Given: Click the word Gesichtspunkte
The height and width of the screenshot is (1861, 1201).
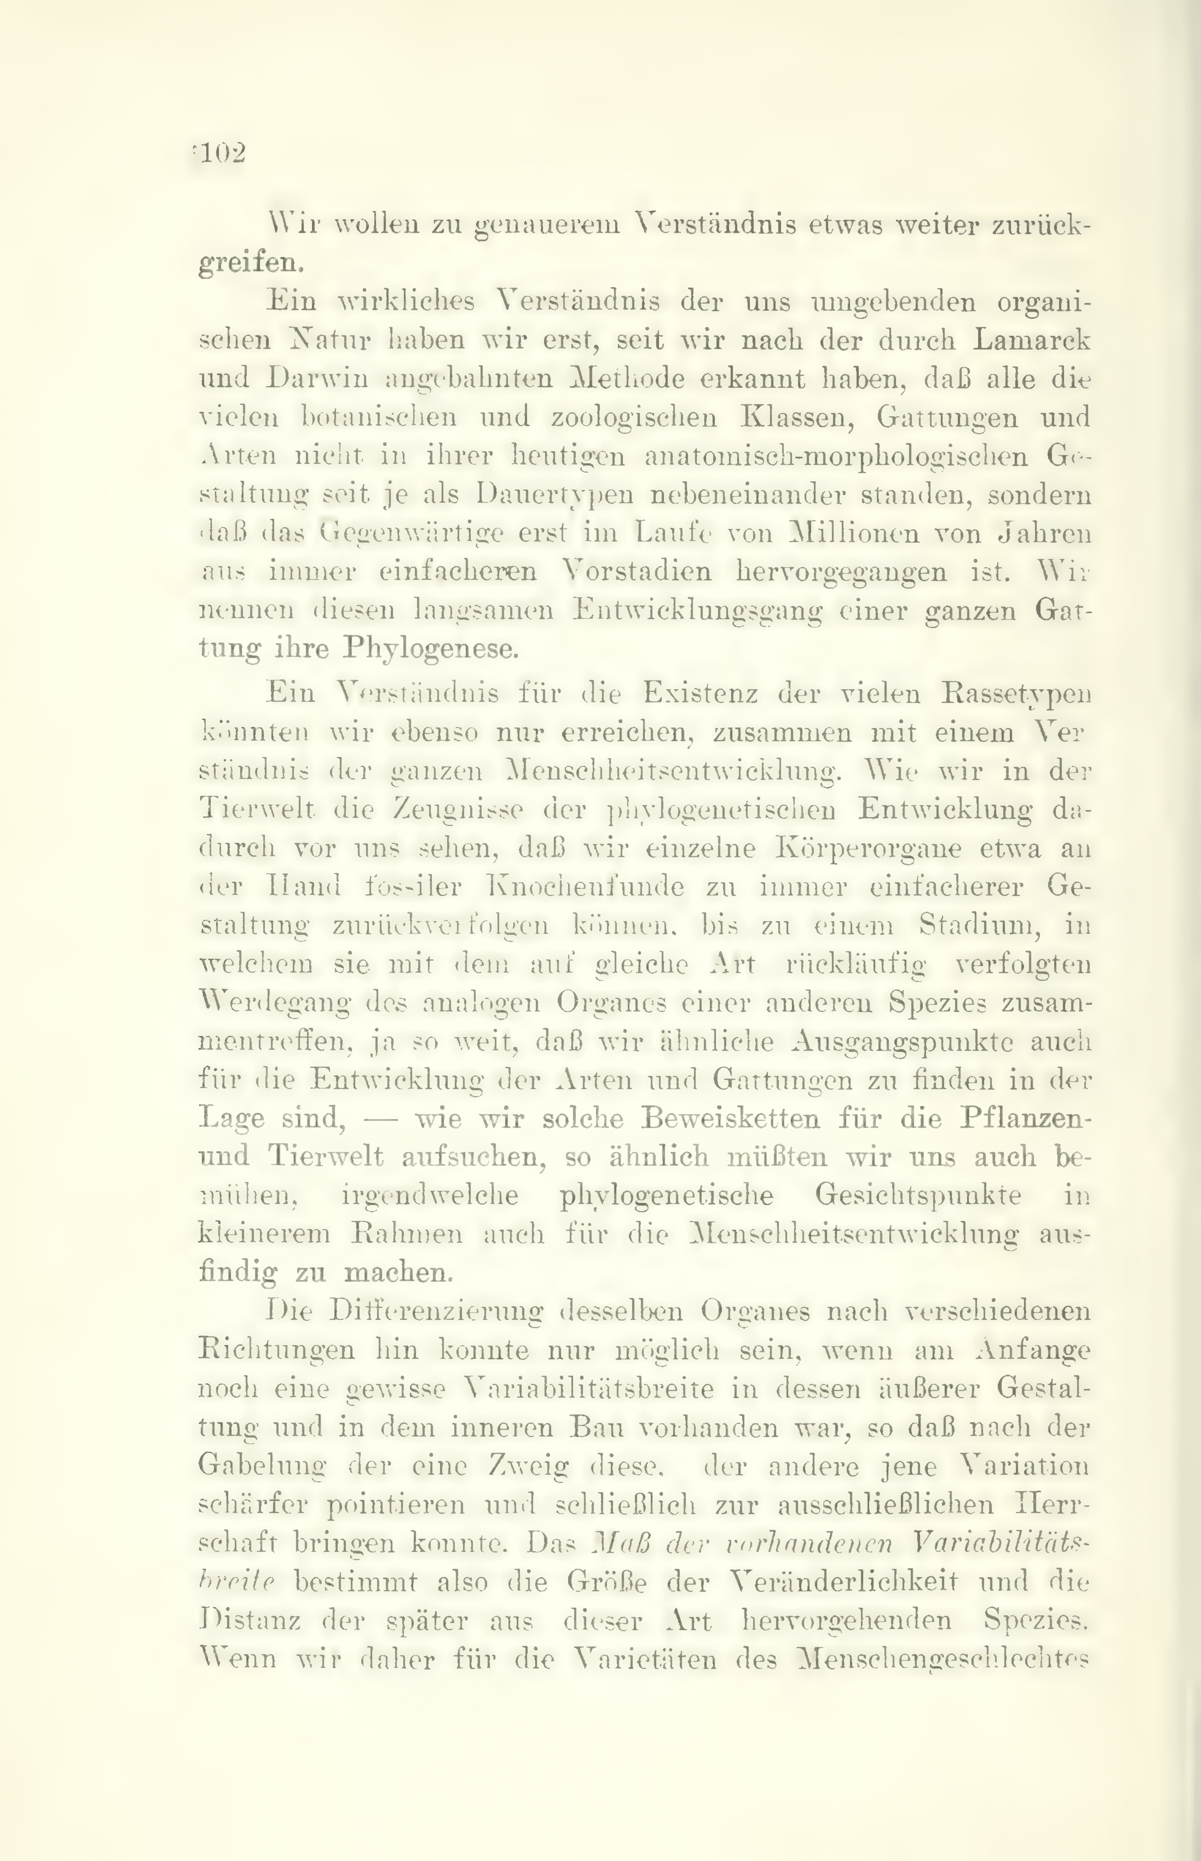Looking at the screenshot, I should coord(918,1196).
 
